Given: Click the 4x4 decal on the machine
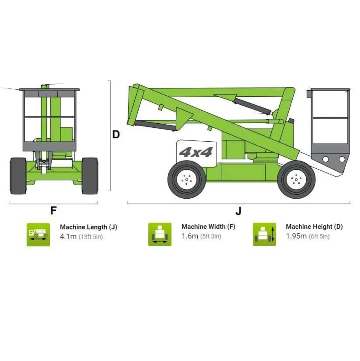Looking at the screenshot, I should (195, 153).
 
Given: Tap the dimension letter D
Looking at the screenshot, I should (116, 134).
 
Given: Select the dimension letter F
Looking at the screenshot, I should (53, 211).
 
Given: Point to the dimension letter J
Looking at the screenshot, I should (238, 211).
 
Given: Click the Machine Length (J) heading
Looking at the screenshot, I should (88, 227).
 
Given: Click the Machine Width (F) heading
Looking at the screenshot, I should (208, 227).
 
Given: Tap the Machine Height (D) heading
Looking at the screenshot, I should (314, 227).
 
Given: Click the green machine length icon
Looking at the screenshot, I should (38, 235).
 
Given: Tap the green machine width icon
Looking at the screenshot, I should (160, 234).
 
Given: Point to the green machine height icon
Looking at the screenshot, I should (264, 234).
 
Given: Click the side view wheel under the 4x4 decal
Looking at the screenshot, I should (186, 180).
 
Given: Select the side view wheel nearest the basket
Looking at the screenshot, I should (296, 179).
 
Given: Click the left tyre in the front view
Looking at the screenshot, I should (18, 176).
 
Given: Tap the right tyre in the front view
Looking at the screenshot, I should (90, 176).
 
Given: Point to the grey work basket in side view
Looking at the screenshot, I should (330, 126).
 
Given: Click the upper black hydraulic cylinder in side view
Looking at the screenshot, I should (251, 104).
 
